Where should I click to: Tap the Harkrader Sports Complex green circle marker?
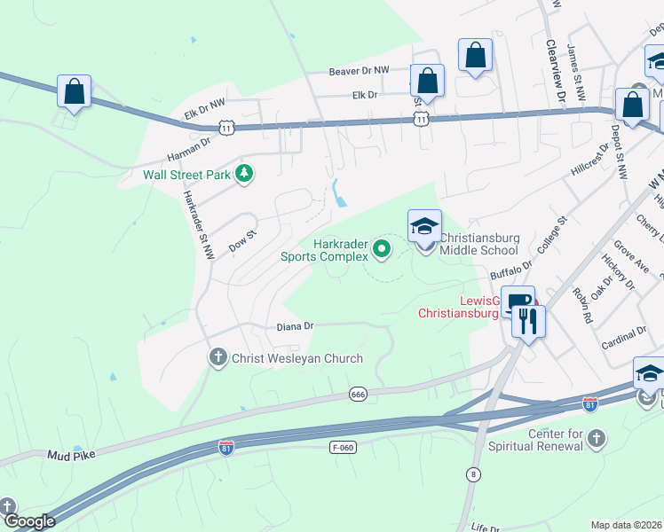[x=383, y=249]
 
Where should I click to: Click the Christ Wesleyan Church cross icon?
[x=218, y=358]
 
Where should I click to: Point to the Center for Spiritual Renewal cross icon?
[x=597, y=439]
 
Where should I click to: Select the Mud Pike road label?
[x=72, y=455]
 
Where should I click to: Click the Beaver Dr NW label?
[x=360, y=70]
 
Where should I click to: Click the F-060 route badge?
[x=343, y=447]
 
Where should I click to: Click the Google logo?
[x=28, y=521]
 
